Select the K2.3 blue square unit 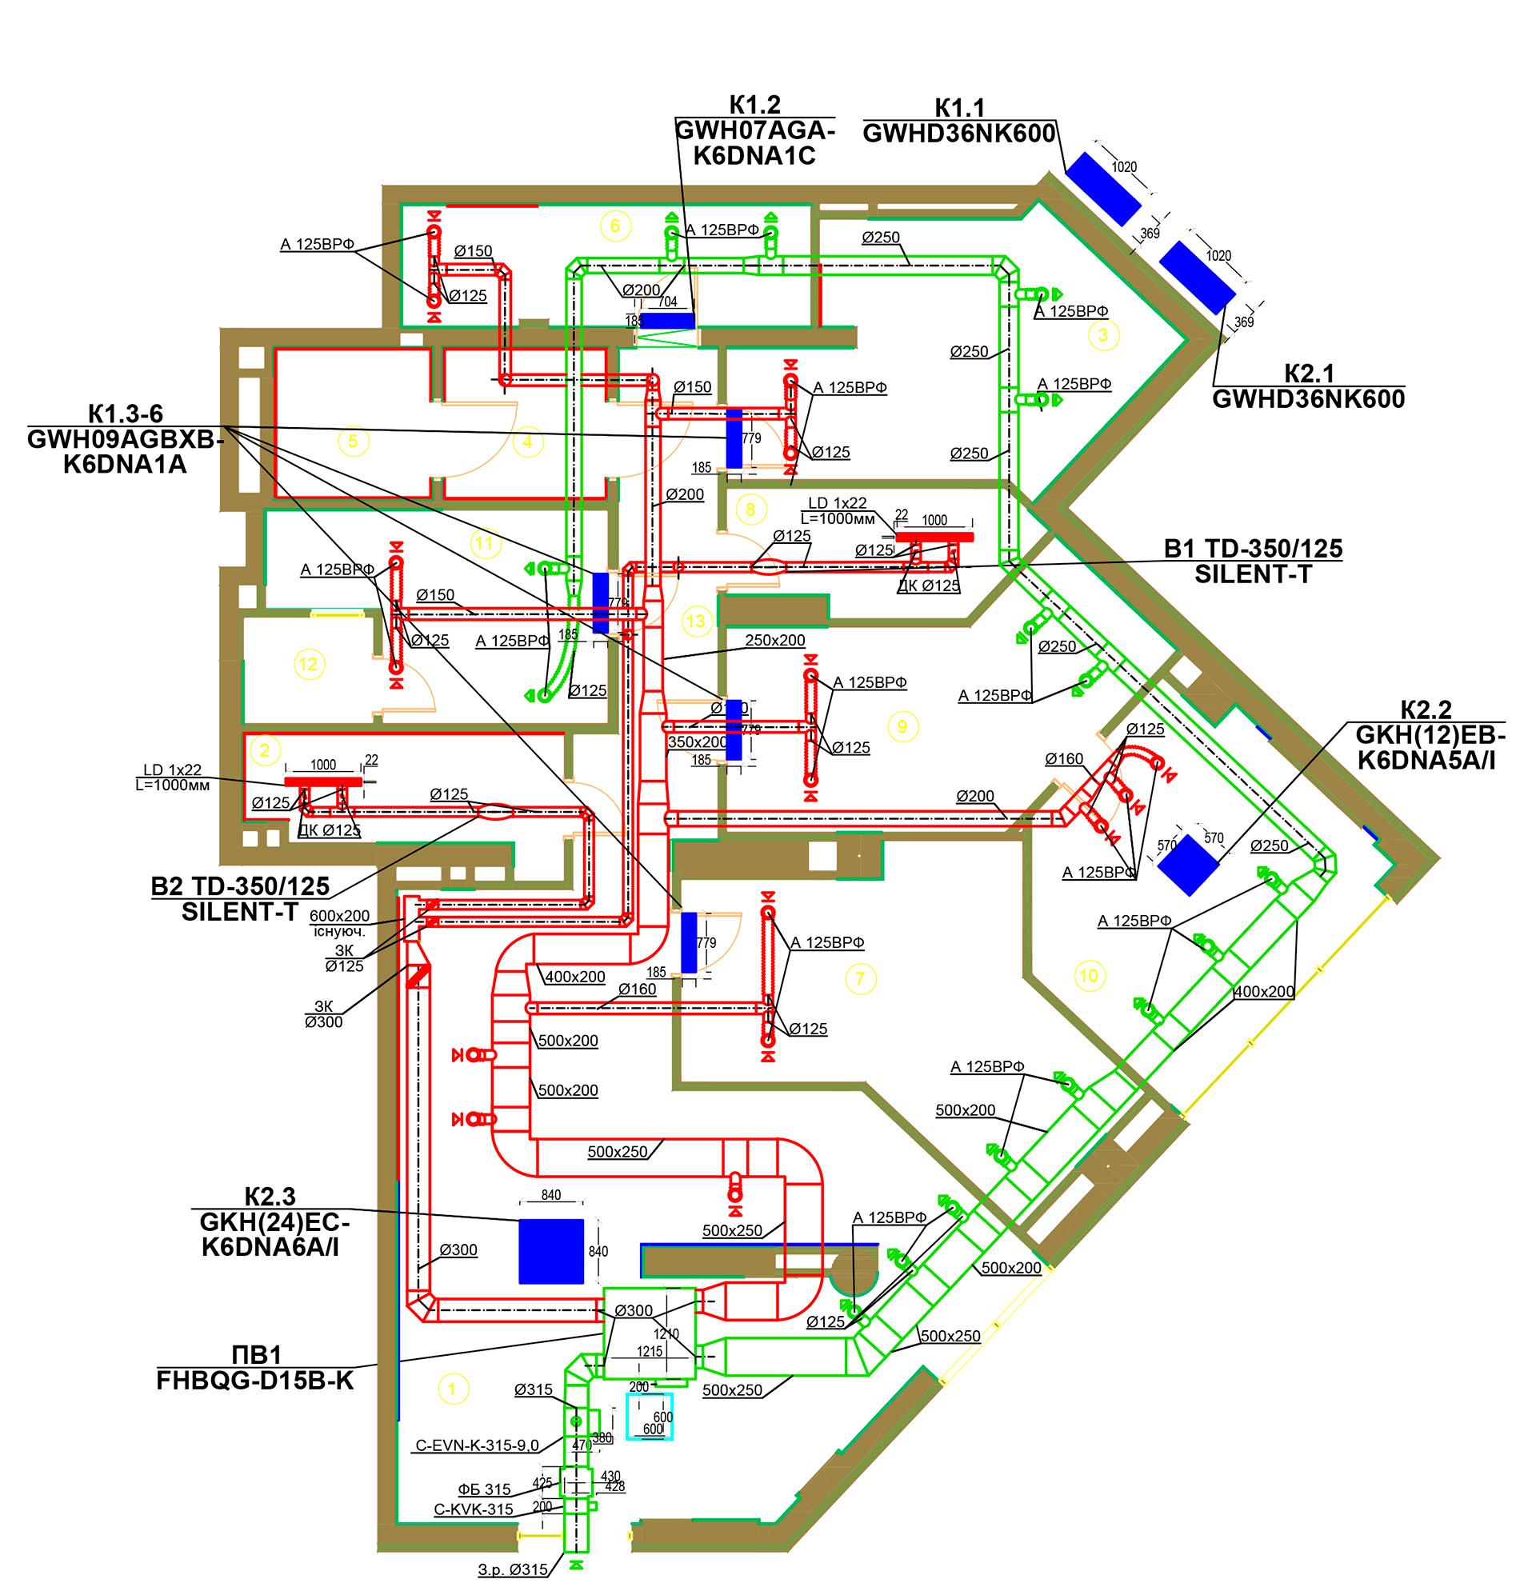coord(550,1251)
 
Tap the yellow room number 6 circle coord(615,226)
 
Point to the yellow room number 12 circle coord(309,665)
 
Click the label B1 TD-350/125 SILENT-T coord(1253,562)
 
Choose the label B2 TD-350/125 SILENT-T coord(241,899)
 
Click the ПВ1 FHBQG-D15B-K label coord(255,1368)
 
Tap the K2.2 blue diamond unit coord(1188,865)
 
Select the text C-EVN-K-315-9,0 coord(477,1445)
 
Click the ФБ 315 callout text coord(485,1489)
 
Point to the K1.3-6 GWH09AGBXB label coord(125,439)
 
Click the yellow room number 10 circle coord(1090,976)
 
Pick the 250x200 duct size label coord(774,641)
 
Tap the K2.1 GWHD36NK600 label coord(1308,387)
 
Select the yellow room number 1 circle coord(452,1389)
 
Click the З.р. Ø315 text coord(513,1569)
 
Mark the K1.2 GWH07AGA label coord(754,131)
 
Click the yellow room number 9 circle coord(903,727)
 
